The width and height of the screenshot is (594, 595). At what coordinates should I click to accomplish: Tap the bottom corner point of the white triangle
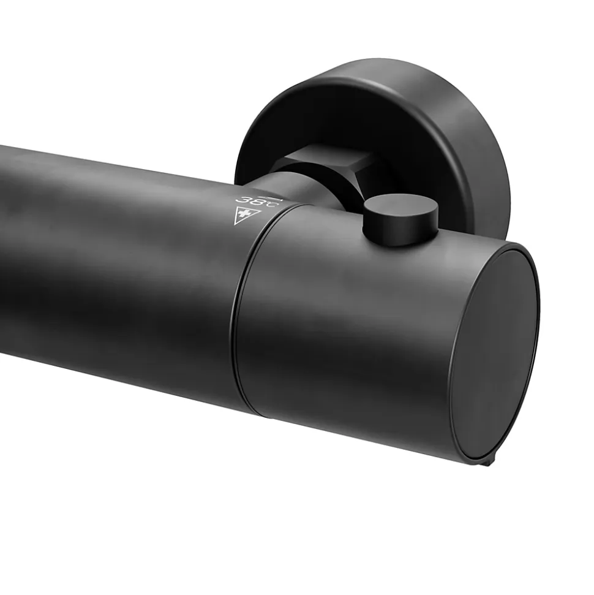click(x=235, y=225)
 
